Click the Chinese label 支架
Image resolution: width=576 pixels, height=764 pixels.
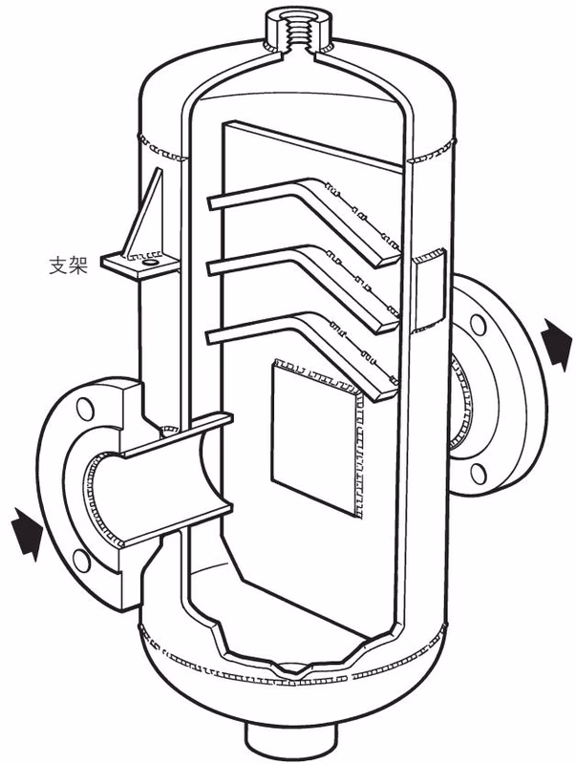coord(68,266)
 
